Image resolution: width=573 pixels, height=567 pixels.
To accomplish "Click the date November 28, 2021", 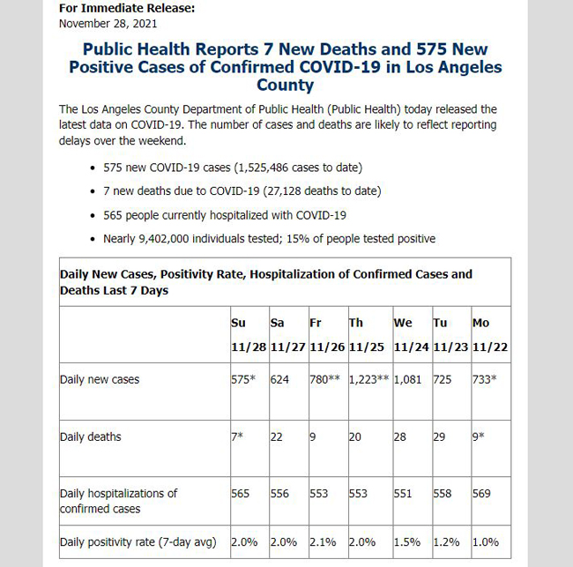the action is (x=108, y=24).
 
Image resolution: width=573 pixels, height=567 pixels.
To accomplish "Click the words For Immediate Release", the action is (x=127, y=8).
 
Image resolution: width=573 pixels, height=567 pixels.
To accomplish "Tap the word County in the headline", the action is (x=285, y=86).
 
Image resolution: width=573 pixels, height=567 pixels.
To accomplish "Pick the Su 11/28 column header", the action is (x=249, y=335).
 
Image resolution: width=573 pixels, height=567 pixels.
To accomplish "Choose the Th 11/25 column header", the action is (x=366, y=335).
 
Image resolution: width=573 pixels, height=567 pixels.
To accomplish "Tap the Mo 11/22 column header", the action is (x=490, y=335).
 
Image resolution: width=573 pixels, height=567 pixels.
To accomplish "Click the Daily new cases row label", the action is (x=100, y=379).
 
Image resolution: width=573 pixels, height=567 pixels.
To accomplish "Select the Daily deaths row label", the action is (x=90, y=436).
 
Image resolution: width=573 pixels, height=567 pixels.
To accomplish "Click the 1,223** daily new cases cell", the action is (x=368, y=379).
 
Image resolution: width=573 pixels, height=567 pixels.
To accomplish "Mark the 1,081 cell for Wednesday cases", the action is (x=407, y=379).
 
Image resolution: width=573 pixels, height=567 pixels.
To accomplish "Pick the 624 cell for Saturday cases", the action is (x=279, y=379).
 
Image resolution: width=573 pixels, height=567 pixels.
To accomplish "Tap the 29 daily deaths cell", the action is (x=439, y=436).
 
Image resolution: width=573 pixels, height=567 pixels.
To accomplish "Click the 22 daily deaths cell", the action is (x=276, y=436).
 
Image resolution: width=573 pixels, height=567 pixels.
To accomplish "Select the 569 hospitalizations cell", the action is (x=481, y=494).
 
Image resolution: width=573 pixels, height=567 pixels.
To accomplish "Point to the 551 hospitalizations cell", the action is (x=403, y=494).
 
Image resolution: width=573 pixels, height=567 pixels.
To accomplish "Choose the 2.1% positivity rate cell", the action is (x=323, y=541).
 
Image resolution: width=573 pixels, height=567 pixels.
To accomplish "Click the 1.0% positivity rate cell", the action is (x=486, y=541).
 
